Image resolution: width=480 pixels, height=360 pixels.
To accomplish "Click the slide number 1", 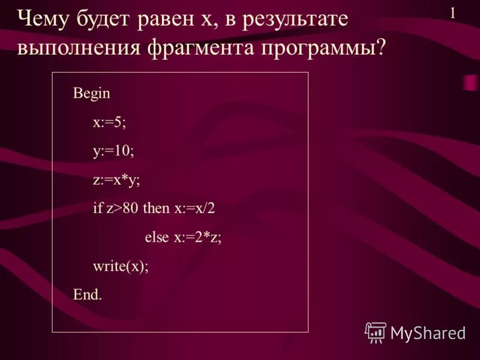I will (452, 13).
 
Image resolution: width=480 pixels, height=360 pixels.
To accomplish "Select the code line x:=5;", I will (110, 122).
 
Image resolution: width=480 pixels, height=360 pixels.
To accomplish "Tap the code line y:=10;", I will (113, 151).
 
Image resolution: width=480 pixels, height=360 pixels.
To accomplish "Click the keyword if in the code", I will (98, 208).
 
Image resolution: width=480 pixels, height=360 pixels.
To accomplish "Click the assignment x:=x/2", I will (194, 208).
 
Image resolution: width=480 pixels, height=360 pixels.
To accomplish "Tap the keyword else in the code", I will (157, 237).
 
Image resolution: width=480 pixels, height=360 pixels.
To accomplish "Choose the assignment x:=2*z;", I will (198, 237).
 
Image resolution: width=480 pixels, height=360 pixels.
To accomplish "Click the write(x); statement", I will (120, 266).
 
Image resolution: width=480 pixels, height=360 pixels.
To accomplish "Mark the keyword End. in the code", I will (88, 295).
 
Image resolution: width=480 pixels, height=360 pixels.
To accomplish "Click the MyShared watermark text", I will (428, 332).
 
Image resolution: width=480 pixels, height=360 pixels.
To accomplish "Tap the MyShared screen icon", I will (375, 332).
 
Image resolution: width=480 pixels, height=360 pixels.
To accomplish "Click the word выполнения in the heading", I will (80, 47).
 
